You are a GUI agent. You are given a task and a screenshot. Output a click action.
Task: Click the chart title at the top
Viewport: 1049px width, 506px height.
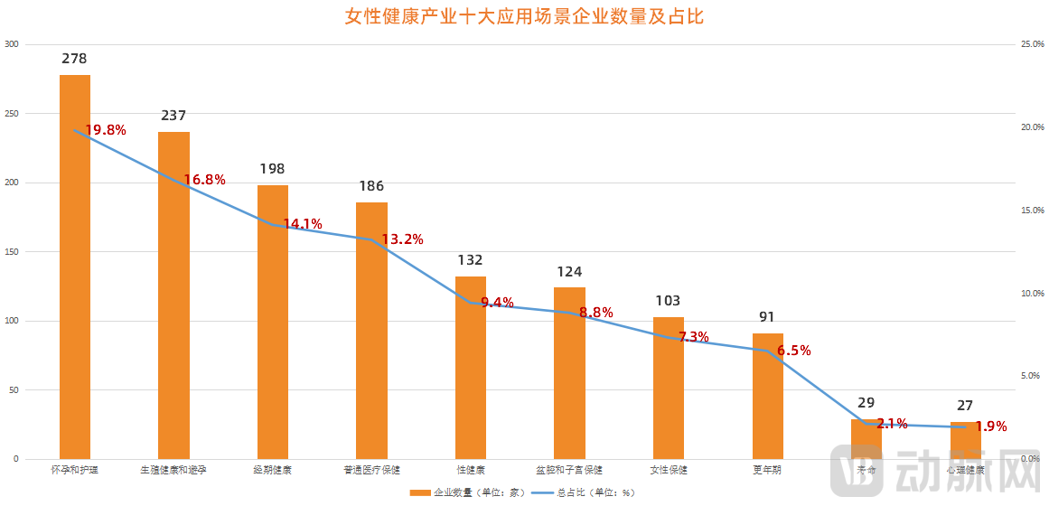pos(524,16)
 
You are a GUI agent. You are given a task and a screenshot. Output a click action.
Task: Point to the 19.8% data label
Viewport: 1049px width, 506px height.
pos(106,130)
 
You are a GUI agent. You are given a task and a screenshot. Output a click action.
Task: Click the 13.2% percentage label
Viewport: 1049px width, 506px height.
pos(402,239)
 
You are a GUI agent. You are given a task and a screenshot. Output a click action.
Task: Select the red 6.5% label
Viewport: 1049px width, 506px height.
pos(793,351)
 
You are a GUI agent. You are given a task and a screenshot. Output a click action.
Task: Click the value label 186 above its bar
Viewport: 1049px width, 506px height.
pos(371,186)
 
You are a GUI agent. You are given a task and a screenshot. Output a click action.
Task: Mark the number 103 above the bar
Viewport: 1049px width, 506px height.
pos(668,301)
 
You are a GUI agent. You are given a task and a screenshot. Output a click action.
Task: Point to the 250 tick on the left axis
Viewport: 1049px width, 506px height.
pos(11,114)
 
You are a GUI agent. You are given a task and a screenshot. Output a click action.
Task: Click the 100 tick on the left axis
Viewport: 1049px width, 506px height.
pos(11,321)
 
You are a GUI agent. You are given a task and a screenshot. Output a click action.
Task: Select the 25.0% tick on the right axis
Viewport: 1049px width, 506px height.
pos(1030,44)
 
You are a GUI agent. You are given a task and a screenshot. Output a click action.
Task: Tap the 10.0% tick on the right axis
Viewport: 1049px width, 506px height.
pos(1030,294)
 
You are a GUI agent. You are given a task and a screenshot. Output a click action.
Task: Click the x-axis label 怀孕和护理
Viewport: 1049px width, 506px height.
pos(75,470)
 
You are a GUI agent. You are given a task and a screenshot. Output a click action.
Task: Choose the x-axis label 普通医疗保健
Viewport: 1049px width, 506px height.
pos(371,470)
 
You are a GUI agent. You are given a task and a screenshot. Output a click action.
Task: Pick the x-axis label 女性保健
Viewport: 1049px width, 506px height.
pos(668,470)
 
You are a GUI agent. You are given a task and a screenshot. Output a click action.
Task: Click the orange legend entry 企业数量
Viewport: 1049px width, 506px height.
pos(461,493)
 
